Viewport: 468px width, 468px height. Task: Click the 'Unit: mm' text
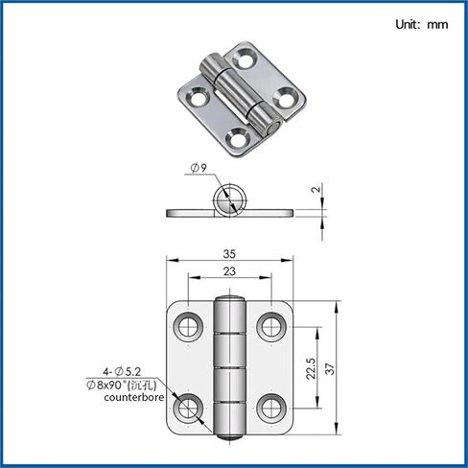421,25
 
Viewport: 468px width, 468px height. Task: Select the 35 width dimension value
229,254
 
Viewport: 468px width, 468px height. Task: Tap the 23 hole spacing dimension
229,271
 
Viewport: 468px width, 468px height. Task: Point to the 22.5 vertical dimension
311,368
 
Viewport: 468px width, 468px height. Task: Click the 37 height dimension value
330,368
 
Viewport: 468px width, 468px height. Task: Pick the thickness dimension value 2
316,189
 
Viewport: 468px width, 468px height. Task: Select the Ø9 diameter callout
199,168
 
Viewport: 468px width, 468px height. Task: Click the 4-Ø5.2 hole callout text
122,371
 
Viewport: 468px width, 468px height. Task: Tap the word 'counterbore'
134,397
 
